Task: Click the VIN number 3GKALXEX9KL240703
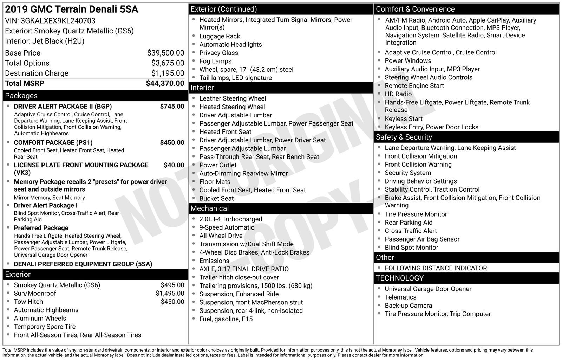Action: coord(58,21)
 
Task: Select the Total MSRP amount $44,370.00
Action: coord(165,83)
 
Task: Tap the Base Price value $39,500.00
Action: coord(165,53)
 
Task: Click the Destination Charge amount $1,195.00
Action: coord(168,73)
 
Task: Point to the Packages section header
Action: coord(21,96)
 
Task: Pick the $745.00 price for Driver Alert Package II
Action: coord(172,107)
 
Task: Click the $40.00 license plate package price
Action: coord(174,165)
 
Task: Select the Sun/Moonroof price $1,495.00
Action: coord(170,293)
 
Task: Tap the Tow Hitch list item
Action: coord(28,302)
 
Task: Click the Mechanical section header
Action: coord(209,208)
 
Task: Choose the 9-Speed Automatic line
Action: coord(227,227)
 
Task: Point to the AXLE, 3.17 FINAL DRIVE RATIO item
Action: coord(244,269)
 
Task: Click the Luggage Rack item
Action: coord(220,36)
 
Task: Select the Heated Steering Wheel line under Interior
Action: coord(232,107)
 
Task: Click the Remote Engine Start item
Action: coord(414,86)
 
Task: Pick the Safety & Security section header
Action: coord(404,137)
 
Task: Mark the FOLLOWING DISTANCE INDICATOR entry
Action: coord(436,268)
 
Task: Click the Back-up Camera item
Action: coord(408,306)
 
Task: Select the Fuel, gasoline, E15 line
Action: coord(226,319)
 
